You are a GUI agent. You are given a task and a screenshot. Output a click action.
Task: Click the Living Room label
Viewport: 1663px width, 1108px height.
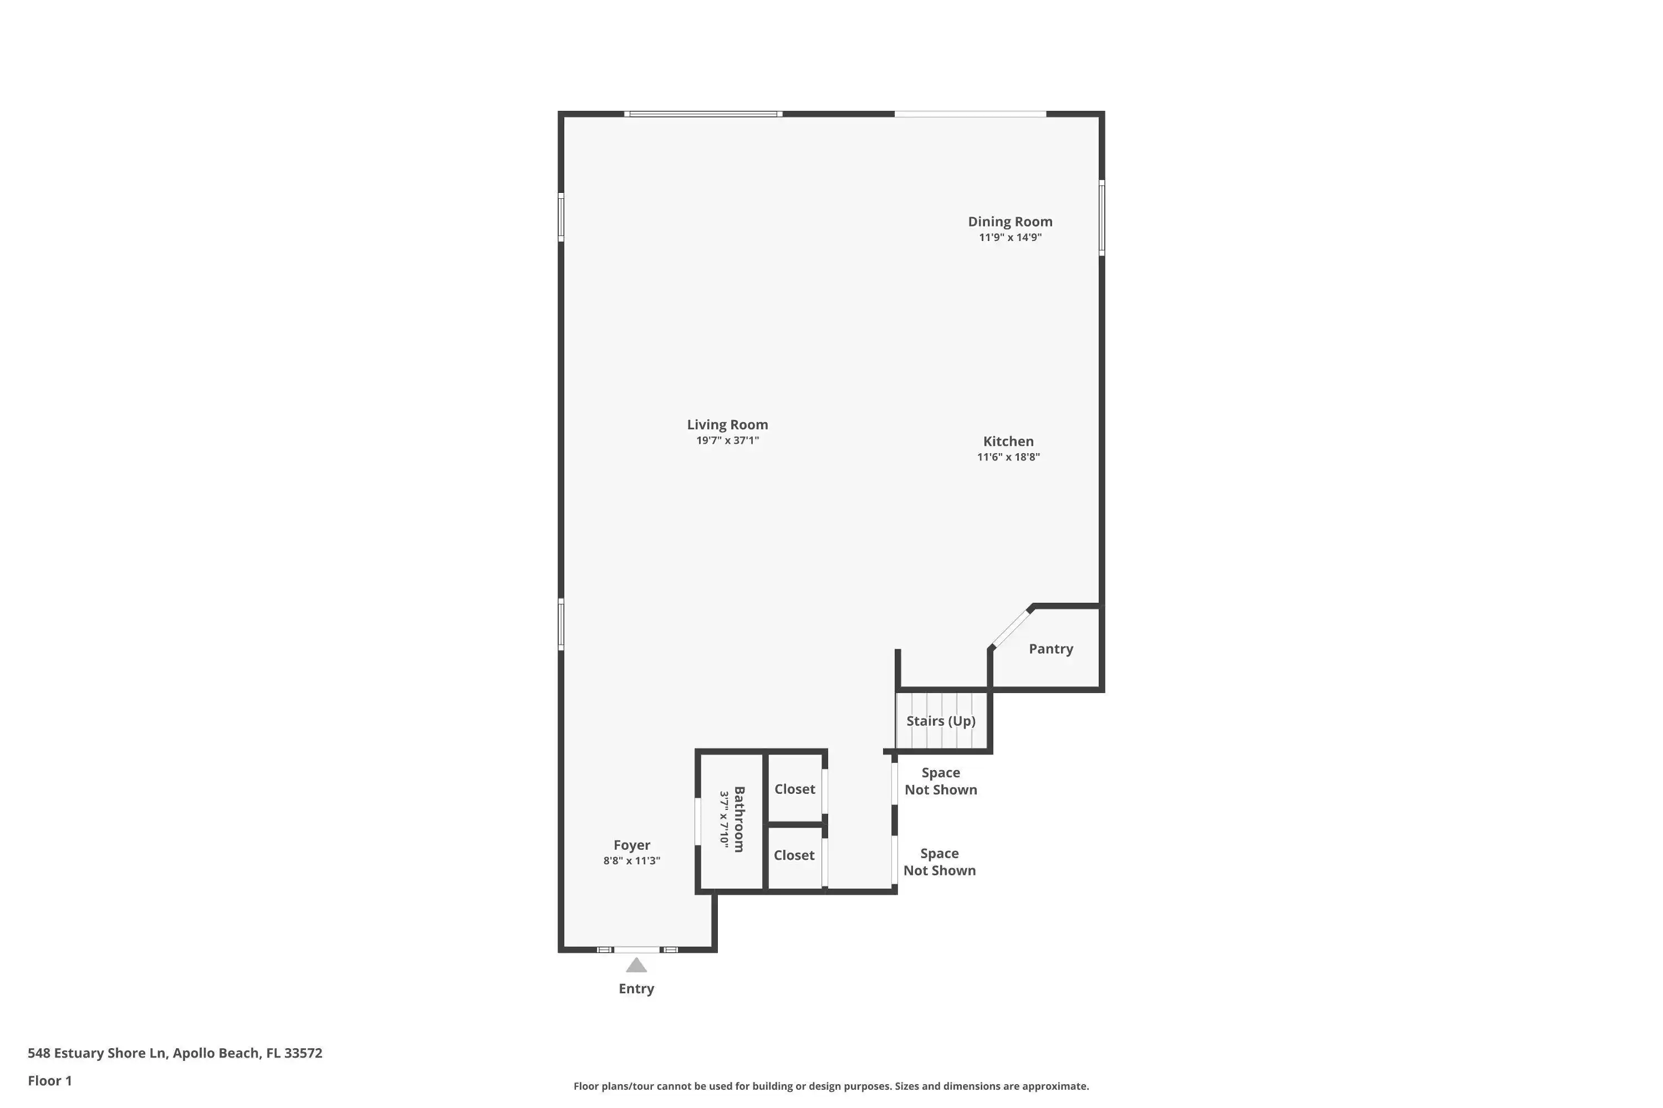tap(727, 425)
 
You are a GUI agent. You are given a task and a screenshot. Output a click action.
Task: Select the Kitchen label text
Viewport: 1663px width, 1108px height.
tap(1008, 442)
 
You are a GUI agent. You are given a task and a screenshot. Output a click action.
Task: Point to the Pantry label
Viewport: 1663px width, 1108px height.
tap(1050, 649)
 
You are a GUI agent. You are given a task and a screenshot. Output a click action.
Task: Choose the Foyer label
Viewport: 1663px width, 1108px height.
tap(631, 845)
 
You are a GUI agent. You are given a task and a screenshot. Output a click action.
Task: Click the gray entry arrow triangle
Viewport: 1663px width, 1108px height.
tap(636, 965)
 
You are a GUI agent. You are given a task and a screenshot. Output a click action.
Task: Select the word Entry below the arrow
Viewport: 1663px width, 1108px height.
tap(636, 988)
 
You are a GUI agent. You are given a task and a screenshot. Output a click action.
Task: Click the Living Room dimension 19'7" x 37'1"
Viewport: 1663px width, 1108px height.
tap(727, 440)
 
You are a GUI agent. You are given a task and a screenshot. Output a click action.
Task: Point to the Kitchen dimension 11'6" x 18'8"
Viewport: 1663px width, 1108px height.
tap(1008, 456)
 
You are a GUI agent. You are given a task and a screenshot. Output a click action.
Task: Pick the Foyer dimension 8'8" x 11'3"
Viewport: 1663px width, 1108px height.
tap(631, 861)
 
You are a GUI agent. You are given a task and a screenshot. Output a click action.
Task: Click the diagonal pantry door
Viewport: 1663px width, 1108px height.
tap(1011, 628)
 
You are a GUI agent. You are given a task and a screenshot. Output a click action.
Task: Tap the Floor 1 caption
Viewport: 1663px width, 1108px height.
tap(49, 1080)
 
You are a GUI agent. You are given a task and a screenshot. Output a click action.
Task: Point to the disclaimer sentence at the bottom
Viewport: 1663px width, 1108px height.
tap(831, 1086)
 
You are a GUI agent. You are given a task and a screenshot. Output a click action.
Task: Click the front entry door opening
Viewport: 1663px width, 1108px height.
tap(636, 950)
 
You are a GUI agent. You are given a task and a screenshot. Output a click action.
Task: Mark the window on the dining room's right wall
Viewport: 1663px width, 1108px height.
tap(1101, 217)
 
